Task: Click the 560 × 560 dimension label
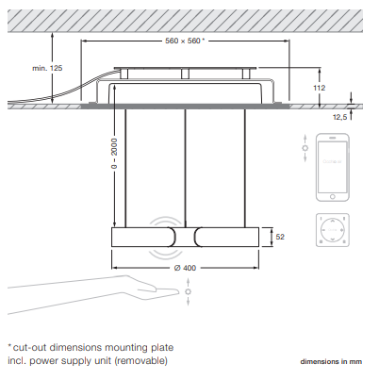point(185,41)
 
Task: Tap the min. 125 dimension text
point(47,68)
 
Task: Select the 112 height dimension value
point(319,88)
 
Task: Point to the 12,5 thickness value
point(339,117)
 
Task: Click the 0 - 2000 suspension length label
point(114,154)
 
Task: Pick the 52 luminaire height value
point(280,237)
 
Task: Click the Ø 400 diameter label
point(185,268)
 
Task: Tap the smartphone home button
point(333,197)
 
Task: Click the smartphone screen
point(333,167)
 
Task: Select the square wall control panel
point(333,230)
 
